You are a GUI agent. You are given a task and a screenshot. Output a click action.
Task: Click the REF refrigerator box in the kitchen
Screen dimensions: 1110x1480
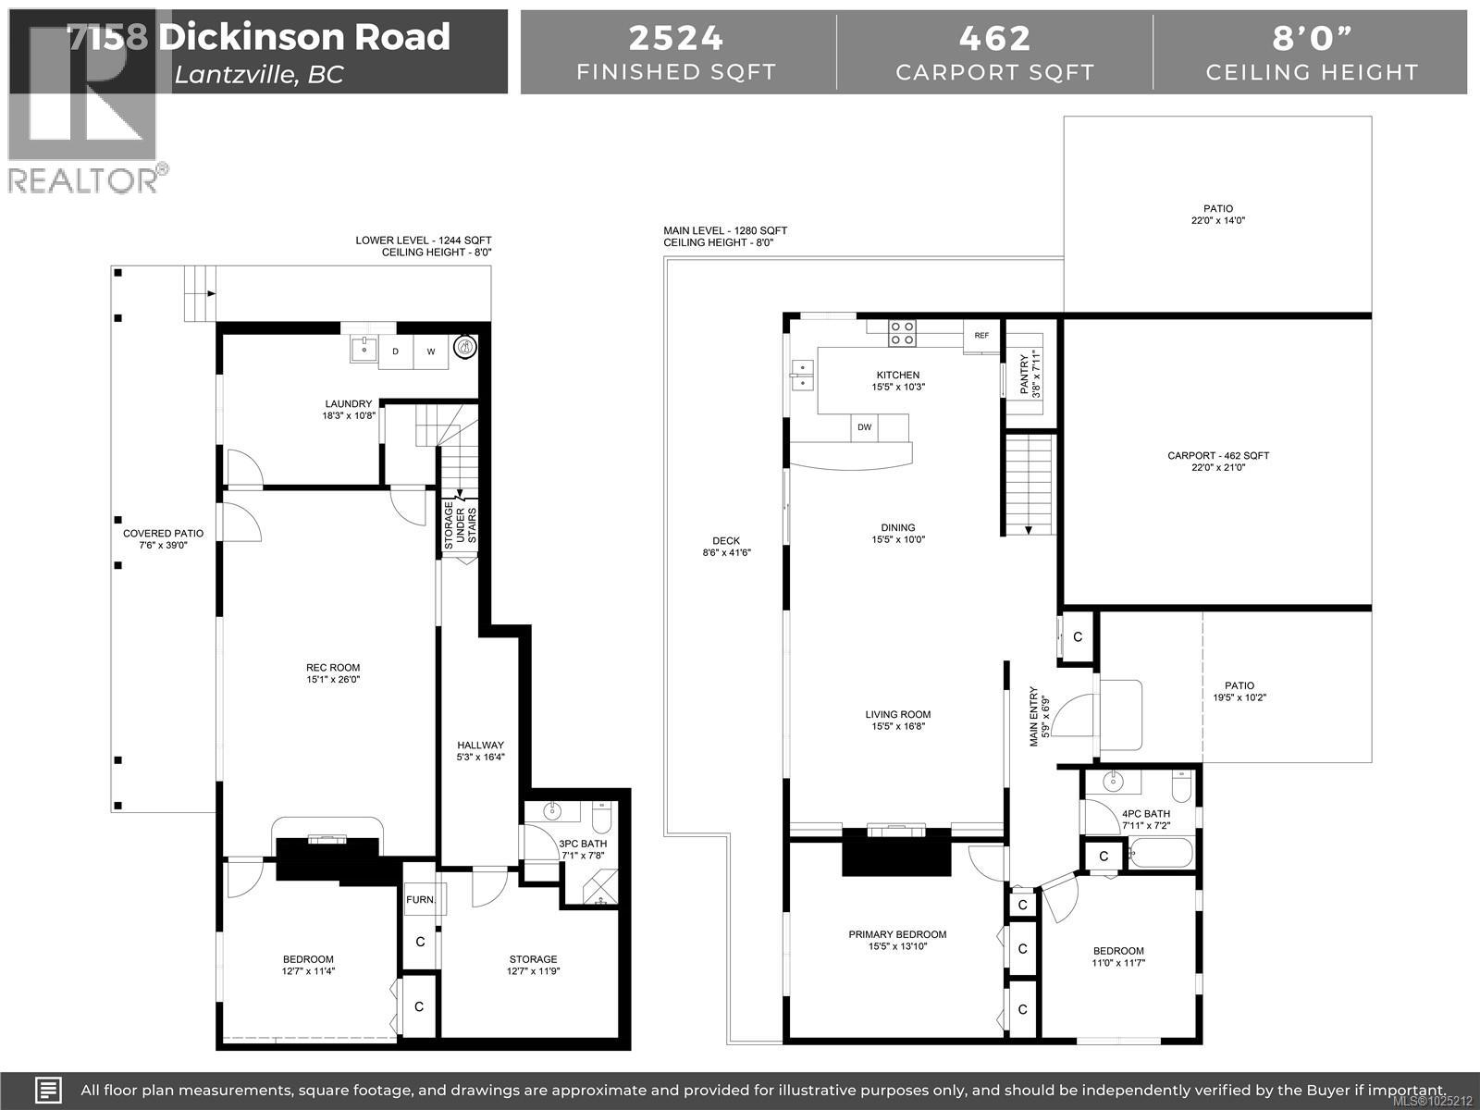[x=981, y=337]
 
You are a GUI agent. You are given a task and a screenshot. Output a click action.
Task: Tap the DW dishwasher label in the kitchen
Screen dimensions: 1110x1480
[x=864, y=427]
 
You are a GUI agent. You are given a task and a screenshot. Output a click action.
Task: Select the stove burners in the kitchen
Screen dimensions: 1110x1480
[x=903, y=333]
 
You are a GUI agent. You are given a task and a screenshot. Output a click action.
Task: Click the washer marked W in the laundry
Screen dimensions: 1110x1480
[x=431, y=351]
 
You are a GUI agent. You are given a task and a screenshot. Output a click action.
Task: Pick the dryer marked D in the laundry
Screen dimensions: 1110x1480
[x=396, y=351]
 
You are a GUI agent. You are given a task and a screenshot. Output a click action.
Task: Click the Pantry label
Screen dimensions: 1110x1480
[x=1030, y=376]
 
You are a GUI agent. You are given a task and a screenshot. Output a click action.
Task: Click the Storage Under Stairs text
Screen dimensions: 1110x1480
[x=461, y=528]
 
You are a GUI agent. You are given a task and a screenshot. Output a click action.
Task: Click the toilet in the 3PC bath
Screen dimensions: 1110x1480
[x=601, y=819]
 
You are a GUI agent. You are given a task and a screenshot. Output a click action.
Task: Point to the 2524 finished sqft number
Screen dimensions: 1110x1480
[x=676, y=38]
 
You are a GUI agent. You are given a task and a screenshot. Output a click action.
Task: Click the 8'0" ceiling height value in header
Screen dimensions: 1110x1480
[x=1312, y=38]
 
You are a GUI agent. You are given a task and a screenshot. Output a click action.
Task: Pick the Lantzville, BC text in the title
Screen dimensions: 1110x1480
[x=259, y=74]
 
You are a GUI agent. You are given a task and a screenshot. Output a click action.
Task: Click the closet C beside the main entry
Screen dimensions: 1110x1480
[x=1078, y=637]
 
